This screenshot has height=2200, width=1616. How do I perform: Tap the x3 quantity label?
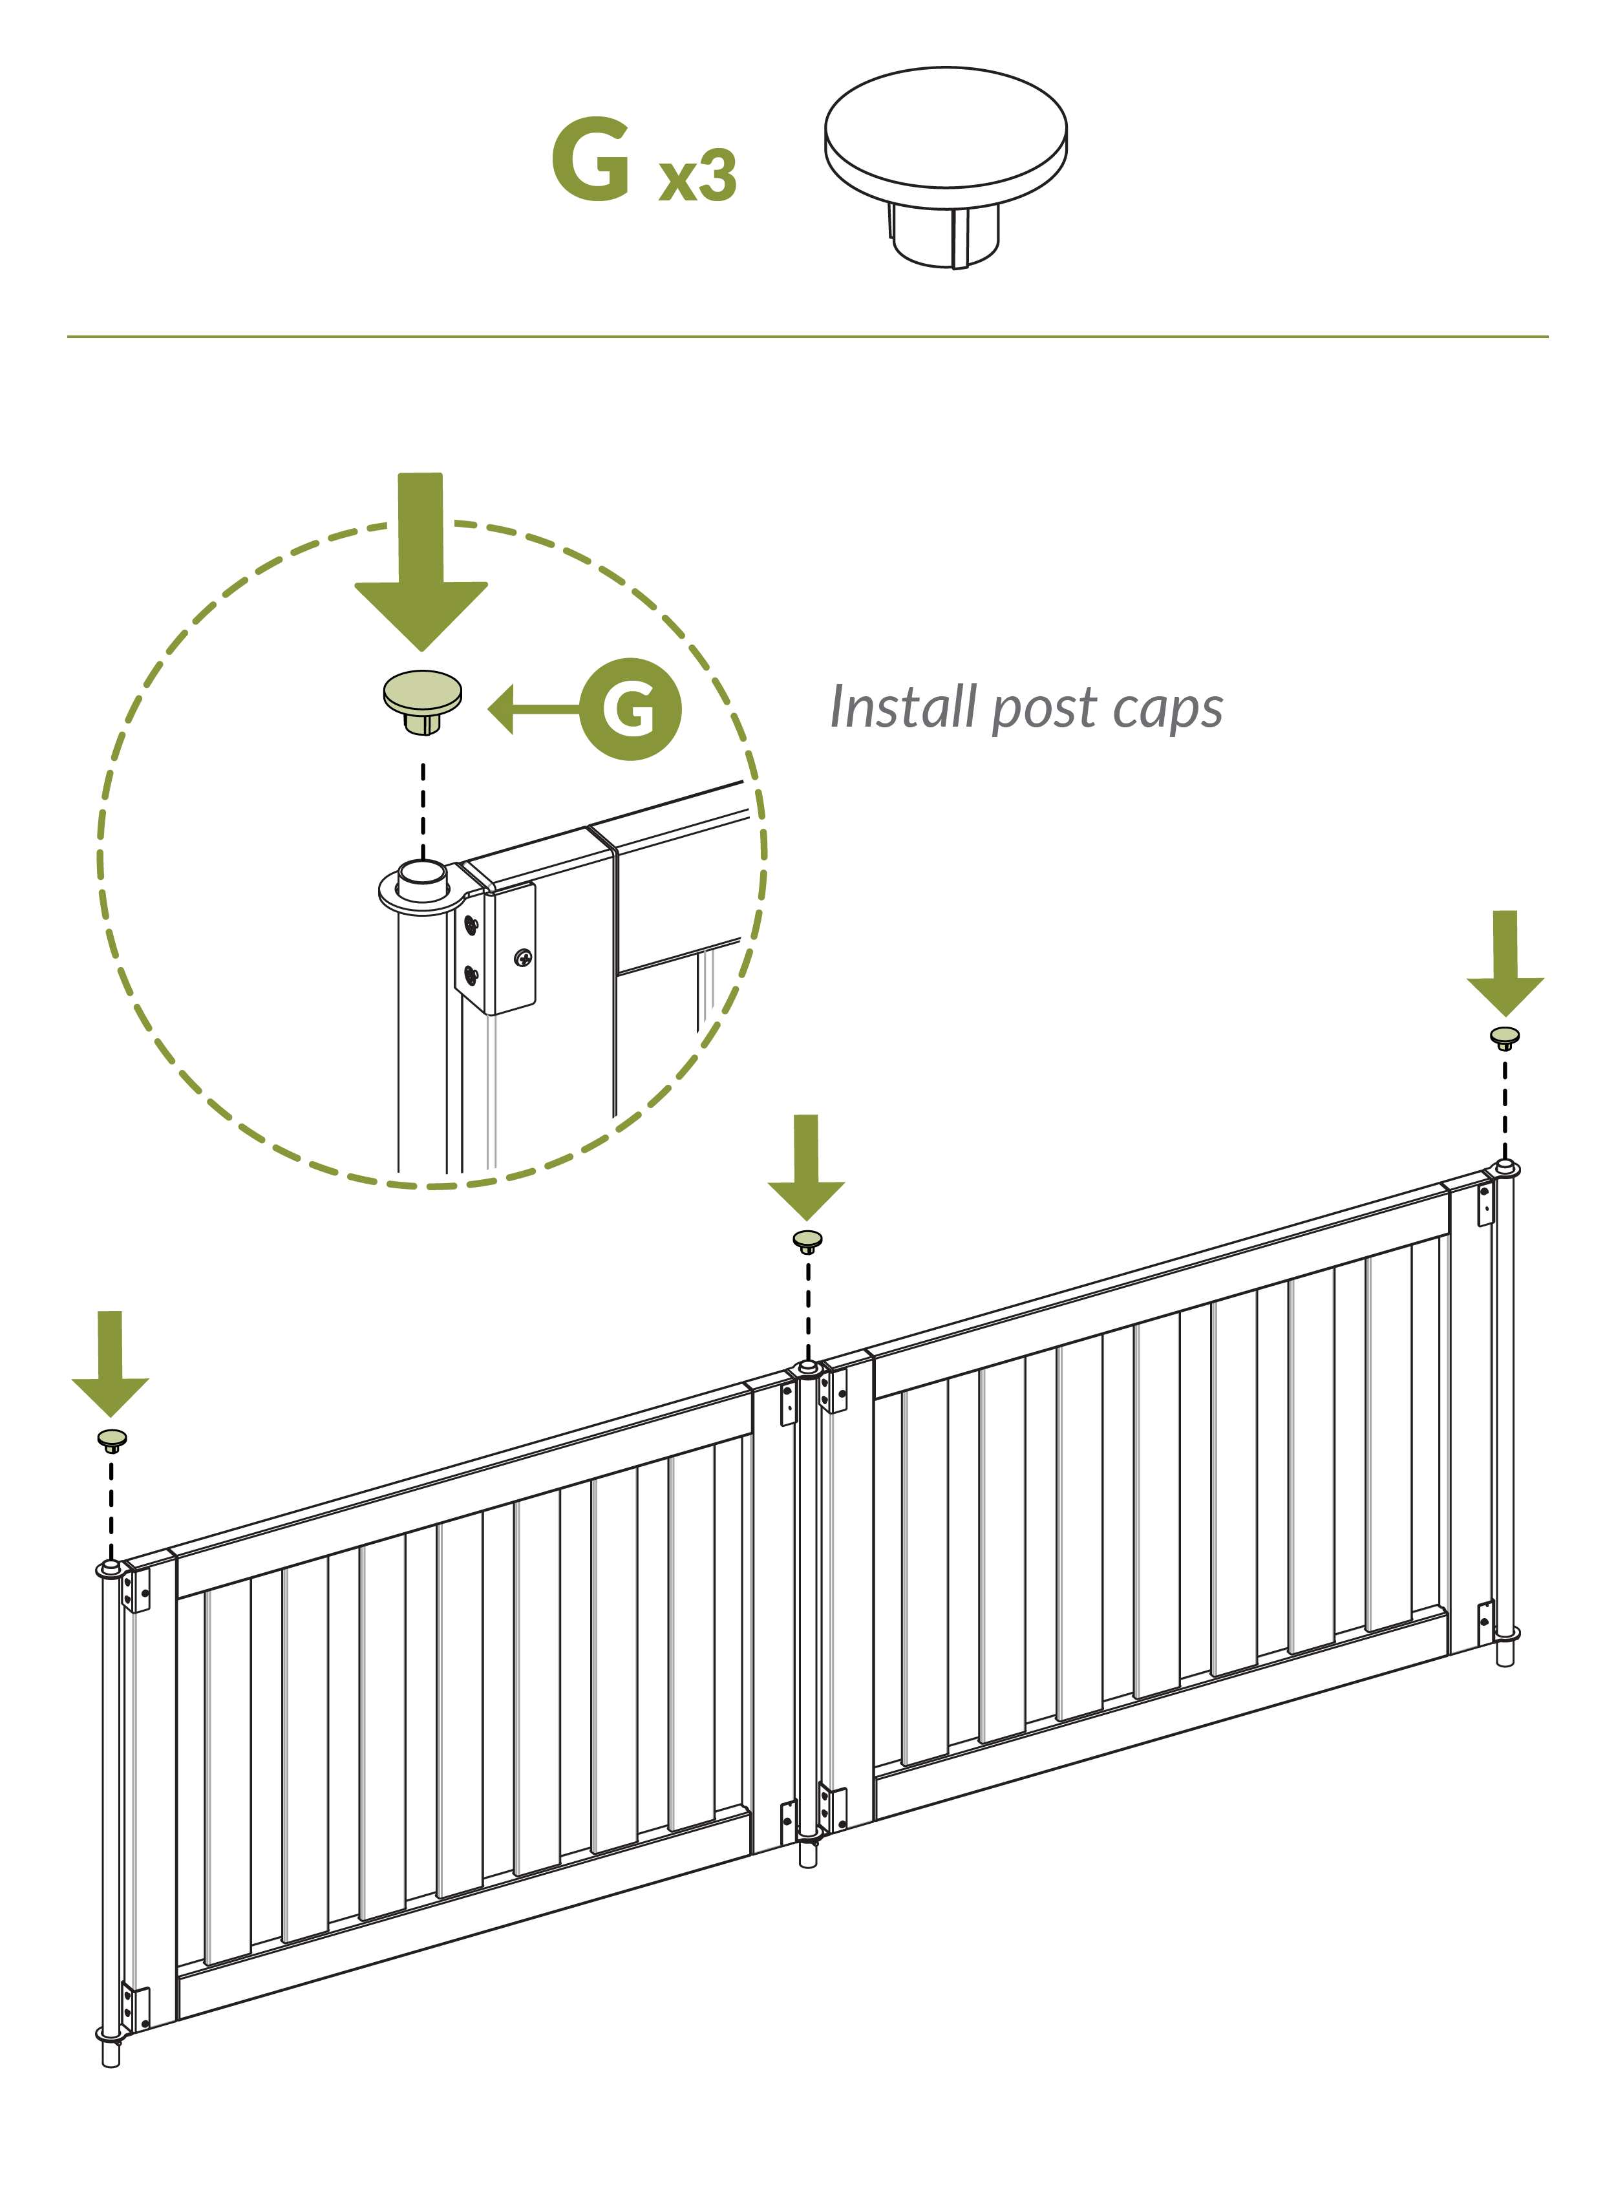(697, 176)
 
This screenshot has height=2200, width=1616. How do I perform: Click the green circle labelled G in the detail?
(631, 709)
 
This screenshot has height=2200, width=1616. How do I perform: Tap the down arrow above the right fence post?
(1504, 963)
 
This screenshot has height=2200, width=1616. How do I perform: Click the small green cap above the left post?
(112, 1439)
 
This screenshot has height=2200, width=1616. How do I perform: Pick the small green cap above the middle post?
(807, 1241)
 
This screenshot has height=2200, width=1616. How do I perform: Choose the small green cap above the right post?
(1504, 1037)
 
